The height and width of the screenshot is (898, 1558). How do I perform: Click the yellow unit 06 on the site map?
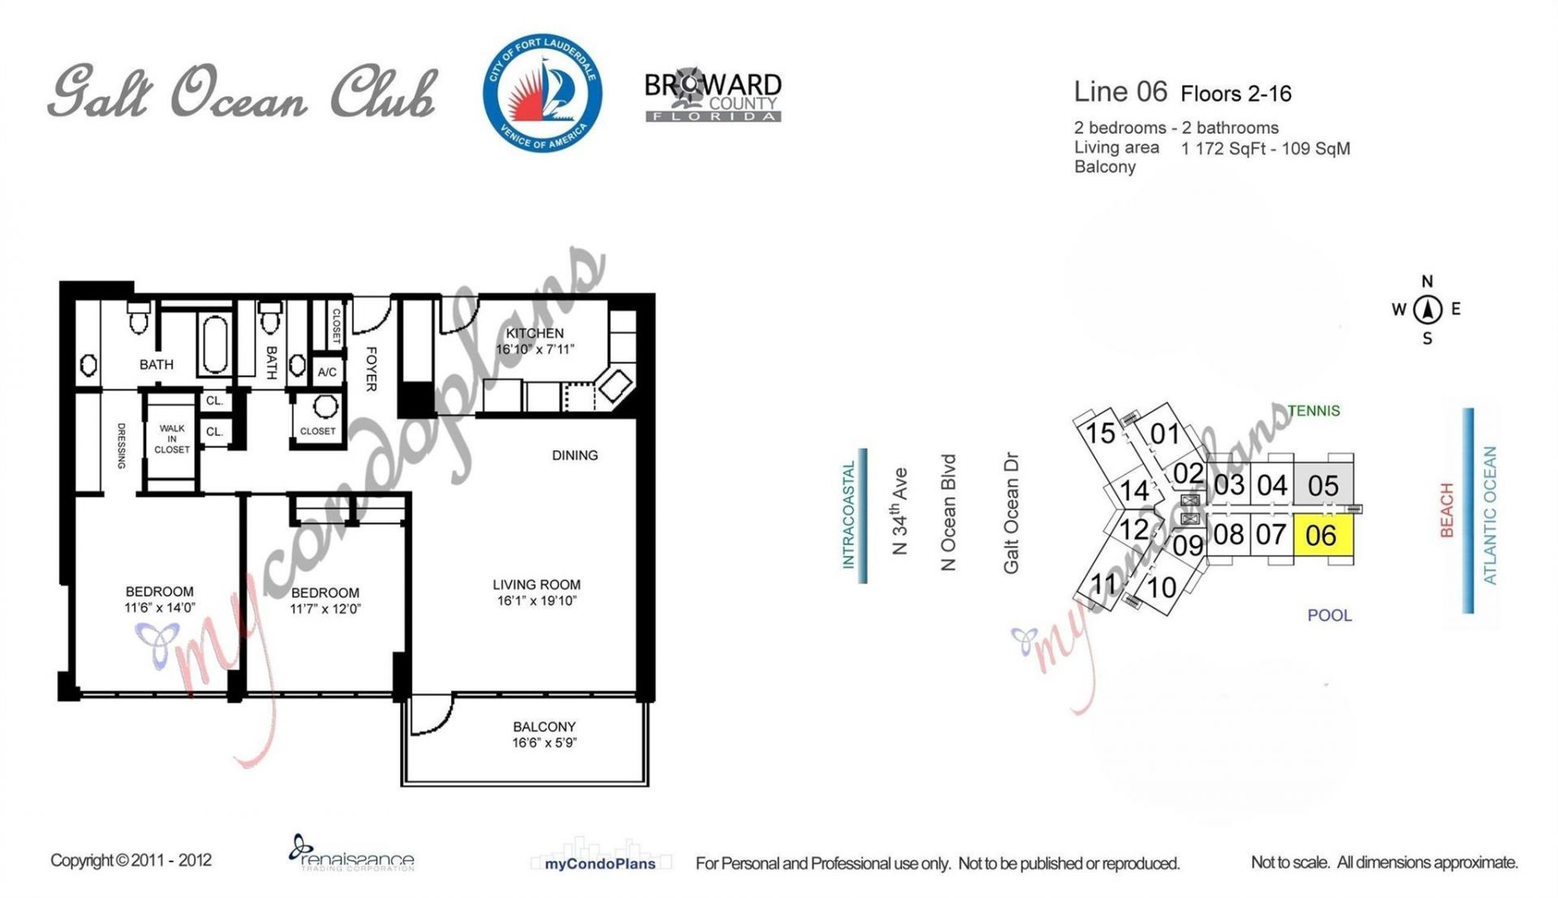coord(1322,536)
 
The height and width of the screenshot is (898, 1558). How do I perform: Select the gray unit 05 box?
coord(1323,485)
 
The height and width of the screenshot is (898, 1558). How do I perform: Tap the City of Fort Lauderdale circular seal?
coord(542,93)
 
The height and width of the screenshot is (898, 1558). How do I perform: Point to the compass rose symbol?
coord(1427,309)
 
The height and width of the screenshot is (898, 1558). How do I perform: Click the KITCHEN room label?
coord(534,333)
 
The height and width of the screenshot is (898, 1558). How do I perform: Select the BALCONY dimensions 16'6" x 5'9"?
coord(544,743)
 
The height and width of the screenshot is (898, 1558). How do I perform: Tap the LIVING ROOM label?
coord(536,584)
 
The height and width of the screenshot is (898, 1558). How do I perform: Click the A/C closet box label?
coord(327,372)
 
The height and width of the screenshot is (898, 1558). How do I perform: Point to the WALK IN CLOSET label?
coord(172,439)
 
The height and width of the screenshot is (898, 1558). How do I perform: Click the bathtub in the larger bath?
coord(215,346)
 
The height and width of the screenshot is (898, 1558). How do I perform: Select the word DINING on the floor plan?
coord(575,455)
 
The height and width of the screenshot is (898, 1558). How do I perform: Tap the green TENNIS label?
coord(1314,410)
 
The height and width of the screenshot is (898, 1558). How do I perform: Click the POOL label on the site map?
coord(1329,616)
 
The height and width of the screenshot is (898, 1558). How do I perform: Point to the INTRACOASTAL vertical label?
coord(849,515)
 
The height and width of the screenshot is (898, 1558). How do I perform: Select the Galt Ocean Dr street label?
coord(1011,513)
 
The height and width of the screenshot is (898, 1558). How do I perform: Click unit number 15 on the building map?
coord(1100,433)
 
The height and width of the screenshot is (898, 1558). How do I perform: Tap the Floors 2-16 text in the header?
coord(1236,94)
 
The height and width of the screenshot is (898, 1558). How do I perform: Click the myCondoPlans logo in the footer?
coord(600,863)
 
